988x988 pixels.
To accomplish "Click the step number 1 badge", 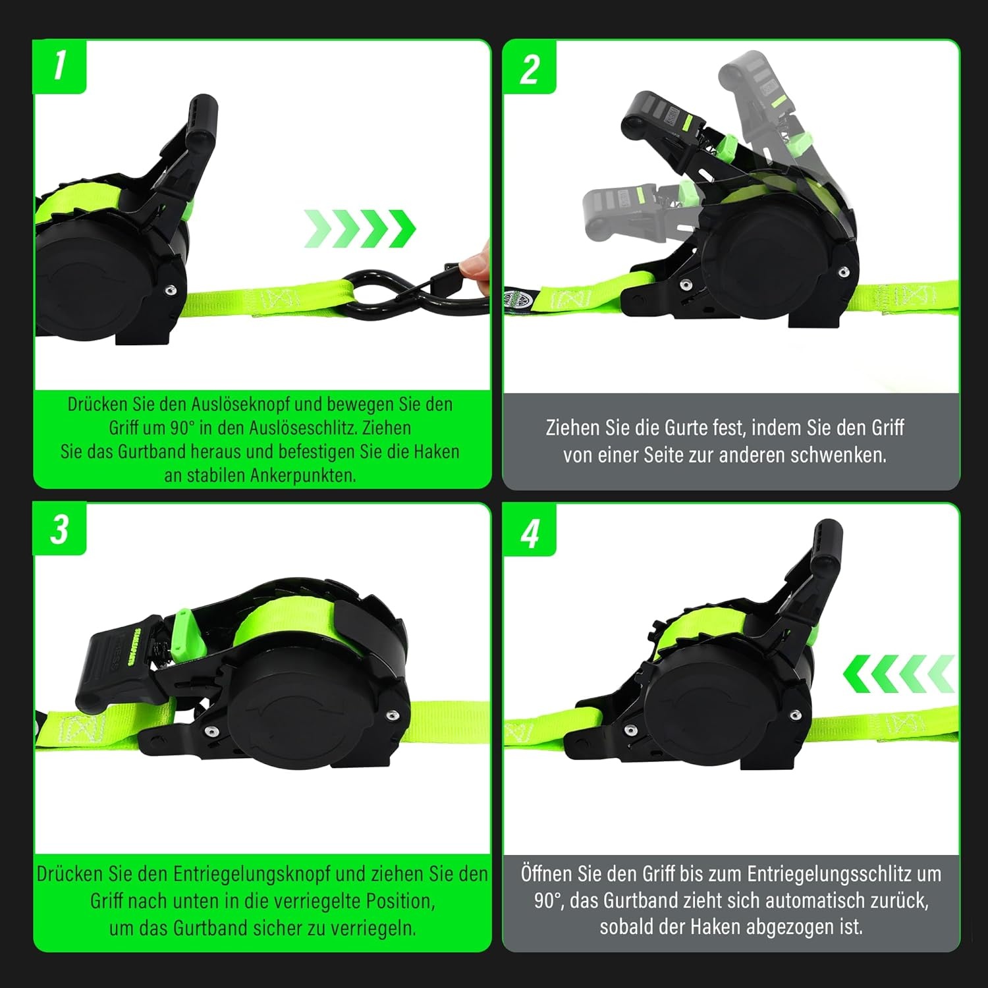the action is pyautogui.click(x=59, y=66).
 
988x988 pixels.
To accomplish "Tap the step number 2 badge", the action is pyautogui.click(x=530, y=67).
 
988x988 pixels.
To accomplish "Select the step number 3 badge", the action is pyautogui.click(x=59, y=529).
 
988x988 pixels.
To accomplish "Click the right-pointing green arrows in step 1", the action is pyautogui.click(x=360, y=229).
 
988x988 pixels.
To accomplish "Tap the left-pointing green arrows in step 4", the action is pyautogui.click(x=899, y=674).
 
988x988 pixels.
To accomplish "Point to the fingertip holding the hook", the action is pyautogui.click(x=476, y=263).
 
